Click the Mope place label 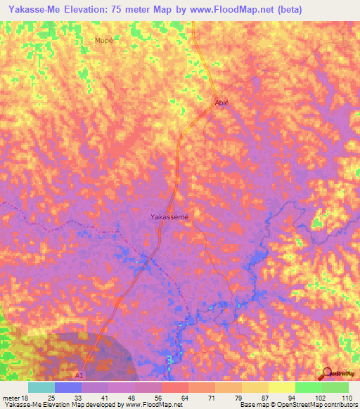point(103,41)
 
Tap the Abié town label point(221,102)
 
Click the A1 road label point(79,376)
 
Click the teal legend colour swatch point(41,387)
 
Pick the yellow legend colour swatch point(282,387)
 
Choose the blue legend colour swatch point(68,387)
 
